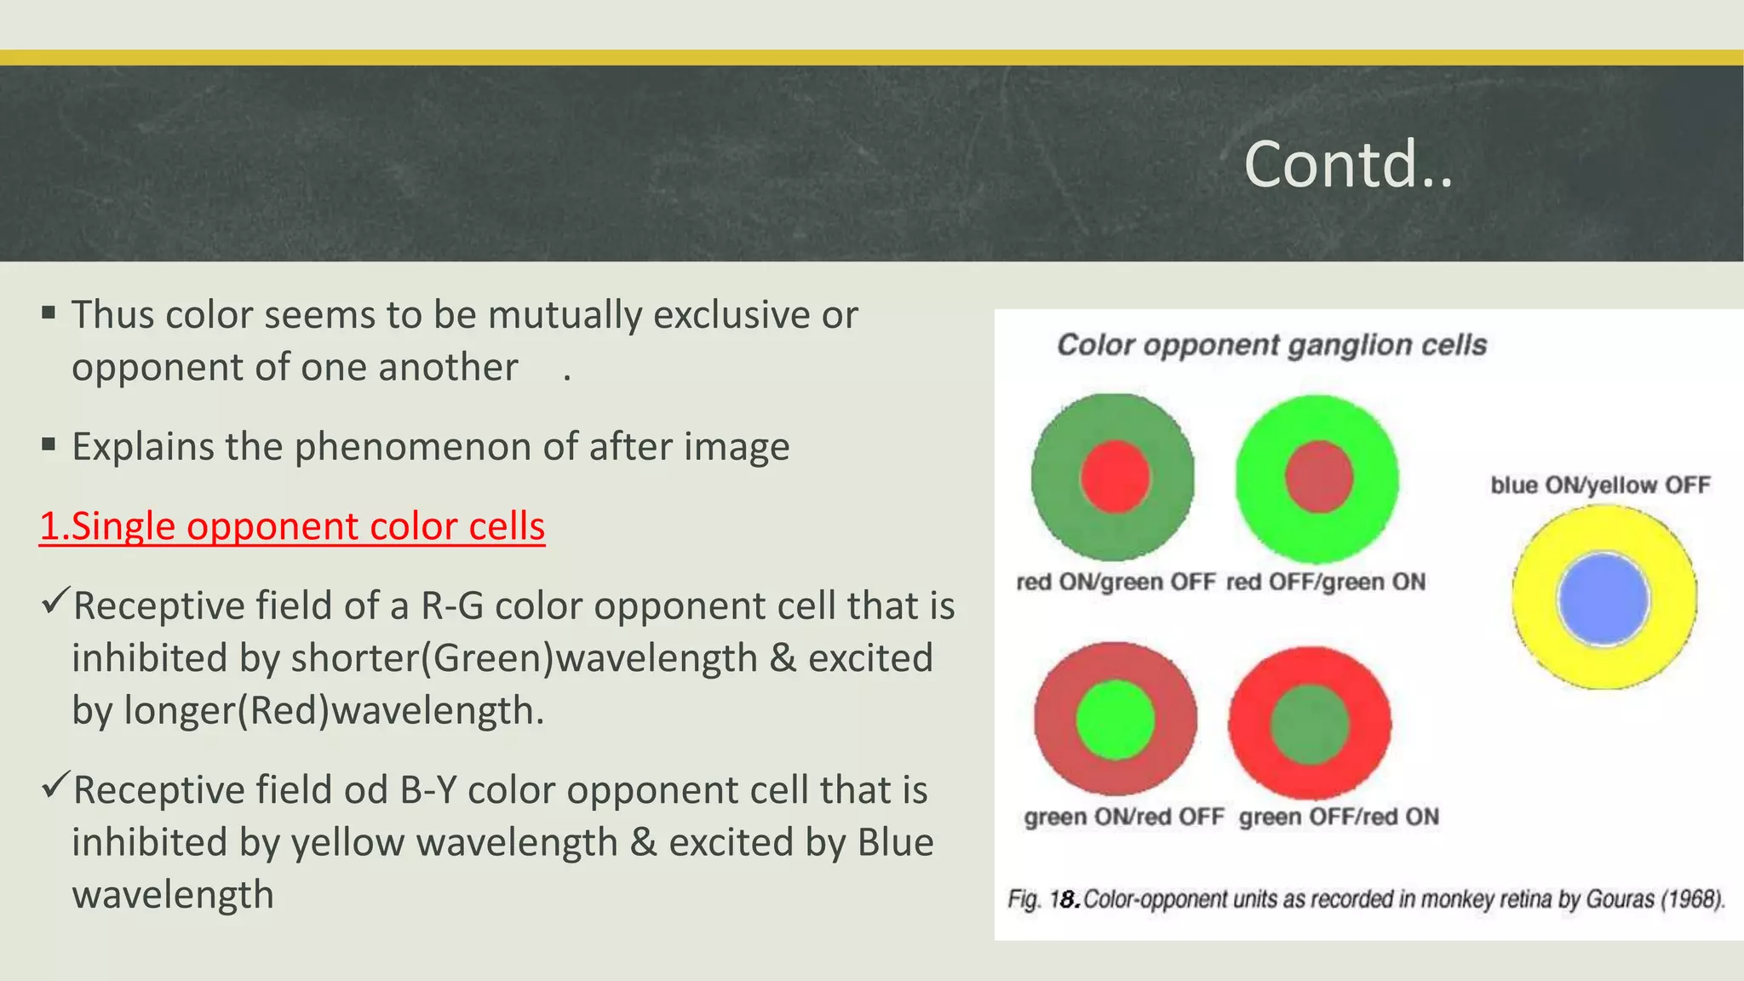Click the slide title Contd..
[1347, 163]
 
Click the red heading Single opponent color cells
[292, 526]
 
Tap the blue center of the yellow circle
[1603, 599]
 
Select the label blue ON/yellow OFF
[1600, 485]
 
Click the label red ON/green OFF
[1116, 582]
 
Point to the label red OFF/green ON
[1326, 582]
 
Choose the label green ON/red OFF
[1124, 817]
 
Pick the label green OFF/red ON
[1339, 817]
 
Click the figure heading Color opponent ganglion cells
[1271, 345]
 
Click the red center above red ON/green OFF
[1116, 477]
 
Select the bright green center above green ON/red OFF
[1116, 720]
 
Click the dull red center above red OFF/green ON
[1319, 477]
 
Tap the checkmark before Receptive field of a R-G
[54, 603]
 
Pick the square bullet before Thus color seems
[49, 313]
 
